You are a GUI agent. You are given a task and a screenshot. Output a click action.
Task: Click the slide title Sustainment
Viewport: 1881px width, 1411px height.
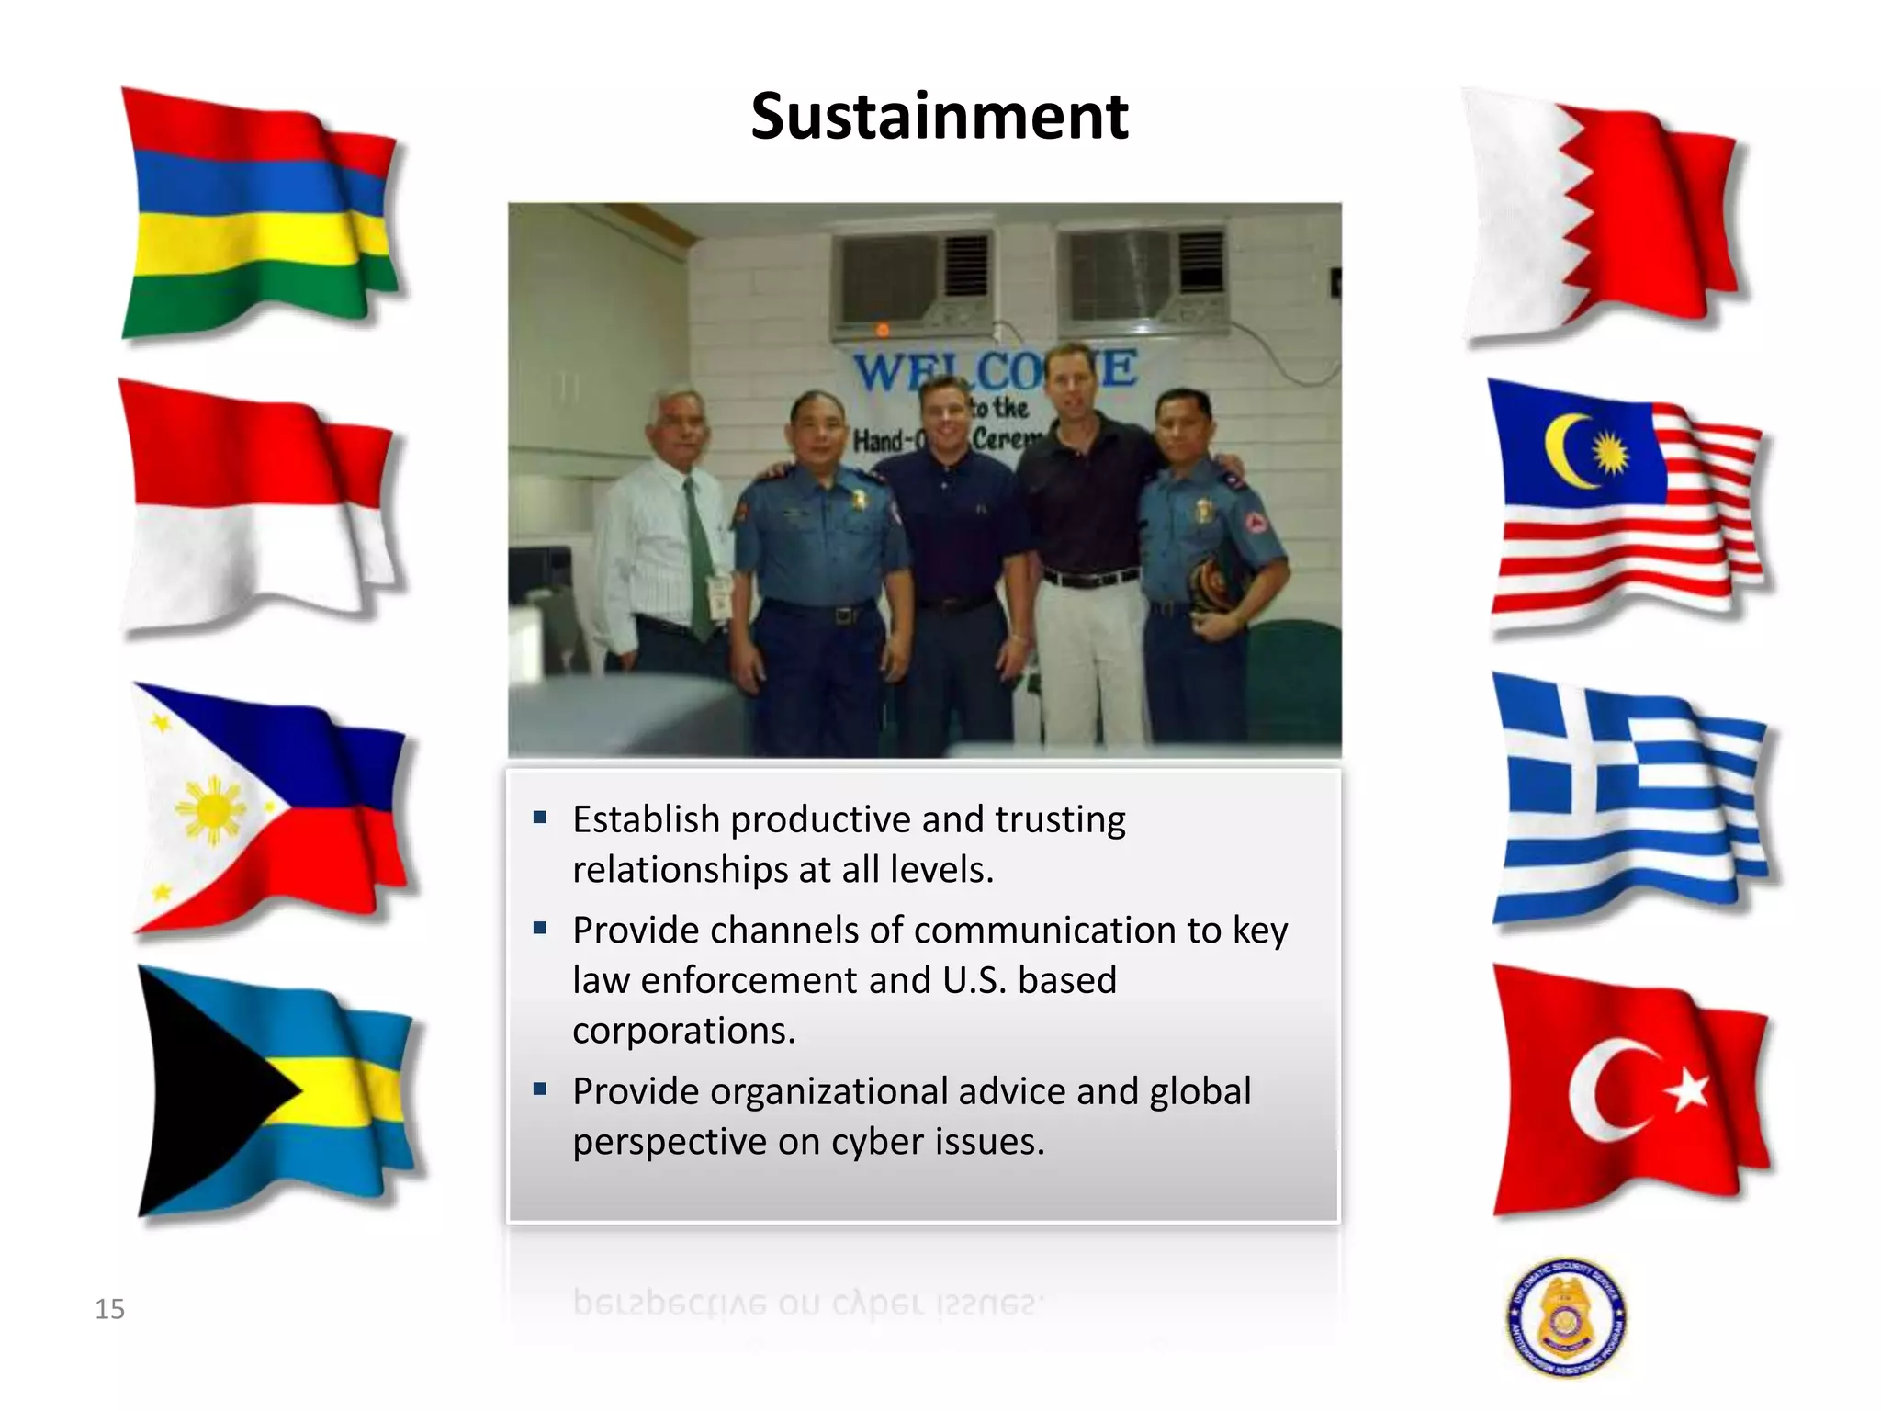click(x=939, y=117)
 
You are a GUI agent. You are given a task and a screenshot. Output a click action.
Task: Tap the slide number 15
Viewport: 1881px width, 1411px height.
click(x=109, y=1308)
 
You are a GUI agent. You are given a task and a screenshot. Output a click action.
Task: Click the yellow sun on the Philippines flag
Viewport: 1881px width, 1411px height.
click(x=211, y=810)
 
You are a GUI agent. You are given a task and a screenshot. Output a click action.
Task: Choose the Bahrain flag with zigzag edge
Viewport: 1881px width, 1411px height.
click(x=1603, y=216)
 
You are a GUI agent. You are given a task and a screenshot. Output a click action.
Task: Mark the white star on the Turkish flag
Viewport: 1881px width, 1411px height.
click(x=1688, y=1091)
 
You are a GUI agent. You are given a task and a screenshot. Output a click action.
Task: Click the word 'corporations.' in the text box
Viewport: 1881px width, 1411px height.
click(x=684, y=1031)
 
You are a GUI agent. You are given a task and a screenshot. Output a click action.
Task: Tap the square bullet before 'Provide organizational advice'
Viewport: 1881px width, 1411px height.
click(x=540, y=1089)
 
